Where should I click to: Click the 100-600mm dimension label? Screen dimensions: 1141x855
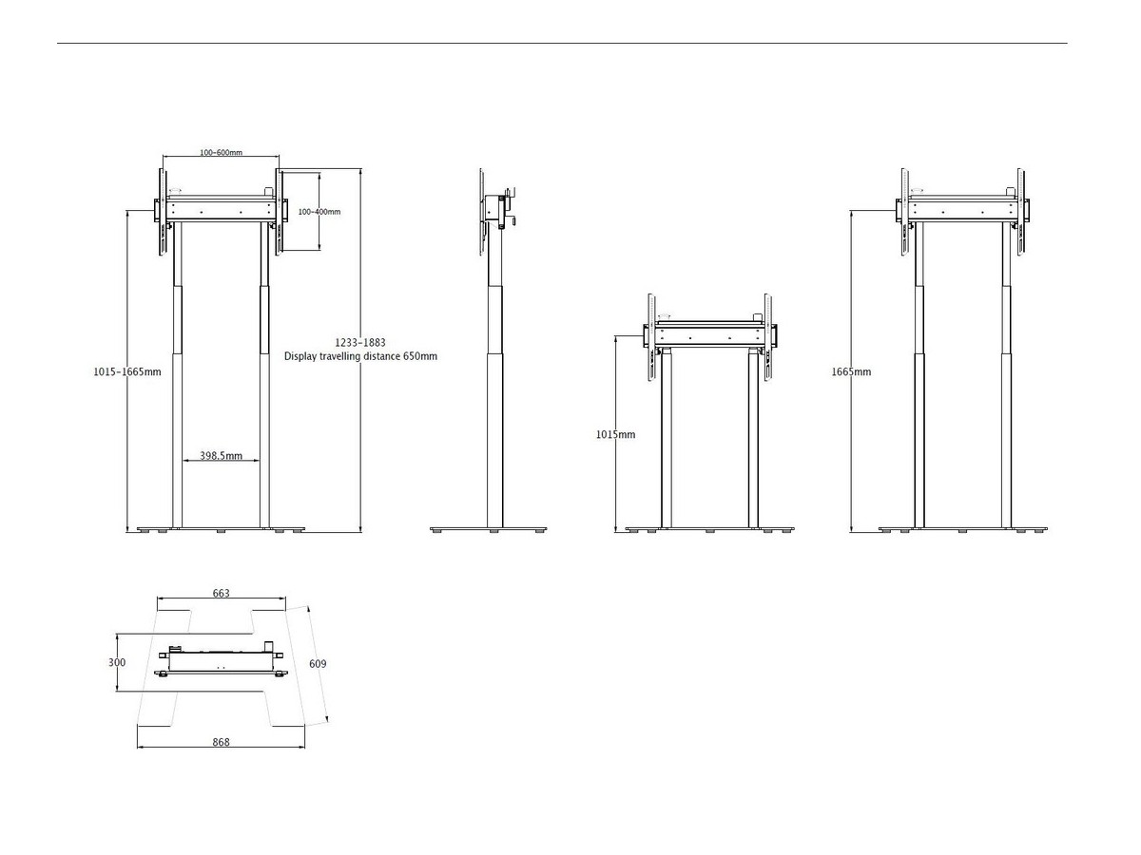221,153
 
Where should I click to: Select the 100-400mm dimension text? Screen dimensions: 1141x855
319,212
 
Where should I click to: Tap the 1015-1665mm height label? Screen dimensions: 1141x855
127,371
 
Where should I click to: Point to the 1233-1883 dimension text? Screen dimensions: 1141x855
360,343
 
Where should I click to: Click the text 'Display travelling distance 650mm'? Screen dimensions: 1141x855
360,356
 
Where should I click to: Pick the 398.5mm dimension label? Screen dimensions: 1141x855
221,456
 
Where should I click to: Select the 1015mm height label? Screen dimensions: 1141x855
615,434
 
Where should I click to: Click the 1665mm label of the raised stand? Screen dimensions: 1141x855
851,371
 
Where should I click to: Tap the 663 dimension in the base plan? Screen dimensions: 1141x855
221,593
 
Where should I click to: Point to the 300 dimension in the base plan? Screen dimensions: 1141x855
117,662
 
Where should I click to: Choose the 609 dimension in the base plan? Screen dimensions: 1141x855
318,664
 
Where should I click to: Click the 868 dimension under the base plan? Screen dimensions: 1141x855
221,742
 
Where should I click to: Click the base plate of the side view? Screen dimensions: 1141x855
488,529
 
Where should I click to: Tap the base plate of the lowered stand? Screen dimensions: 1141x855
709,529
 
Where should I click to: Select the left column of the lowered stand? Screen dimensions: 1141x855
667,440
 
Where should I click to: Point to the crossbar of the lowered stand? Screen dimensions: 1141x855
709,334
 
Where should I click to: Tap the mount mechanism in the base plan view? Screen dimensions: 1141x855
222,661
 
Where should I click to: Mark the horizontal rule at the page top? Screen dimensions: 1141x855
562,43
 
